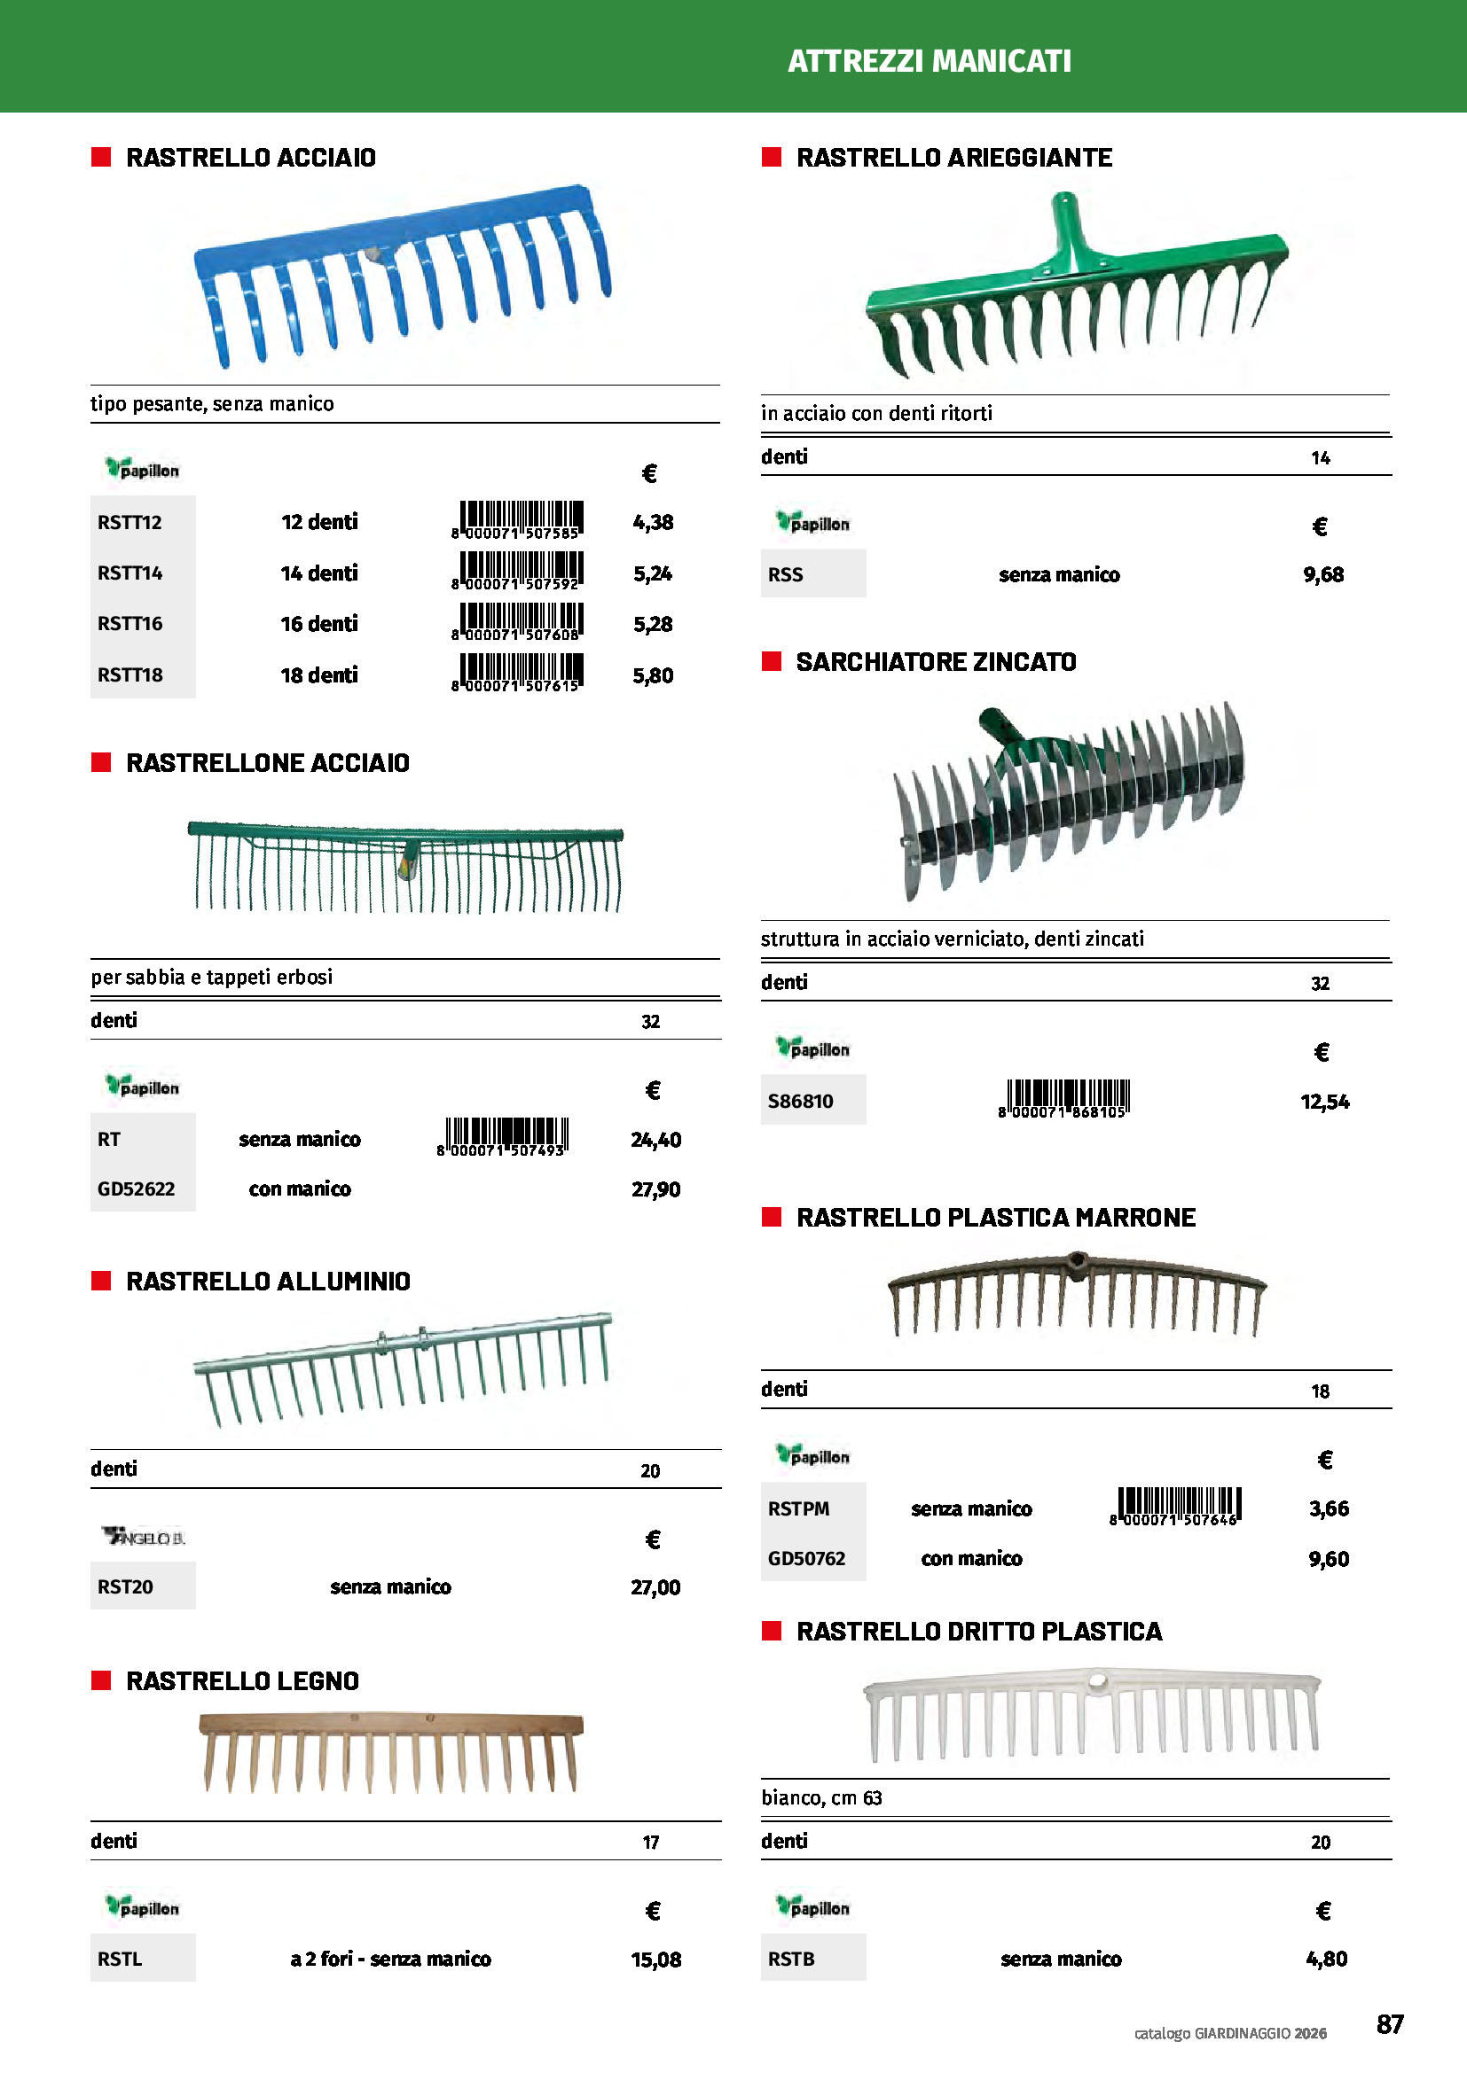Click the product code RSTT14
click(130, 573)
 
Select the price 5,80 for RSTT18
click(652, 675)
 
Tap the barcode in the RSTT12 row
click(517, 521)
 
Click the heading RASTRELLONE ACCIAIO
click(267, 763)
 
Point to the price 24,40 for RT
click(655, 1140)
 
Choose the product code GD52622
click(137, 1189)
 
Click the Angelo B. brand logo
click(144, 1537)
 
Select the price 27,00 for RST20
click(655, 1587)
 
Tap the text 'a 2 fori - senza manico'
click(390, 1959)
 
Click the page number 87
click(1389, 2024)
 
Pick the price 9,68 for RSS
click(1322, 575)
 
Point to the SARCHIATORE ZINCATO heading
click(936, 662)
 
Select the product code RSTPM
click(798, 1508)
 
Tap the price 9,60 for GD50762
click(1328, 1559)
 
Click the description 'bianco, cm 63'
click(821, 1797)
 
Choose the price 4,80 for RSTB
click(1326, 1959)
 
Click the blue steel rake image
click(403, 276)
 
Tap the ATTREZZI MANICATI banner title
click(929, 61)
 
